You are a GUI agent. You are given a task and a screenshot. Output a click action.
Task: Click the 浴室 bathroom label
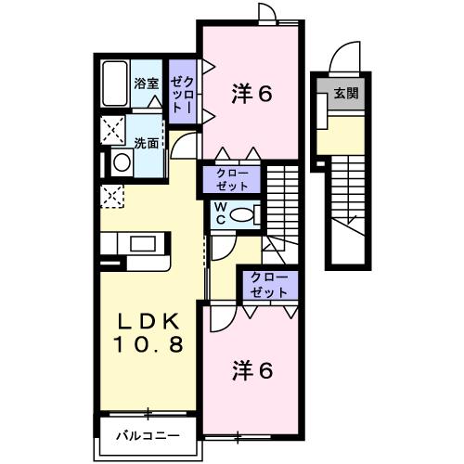point(145,84)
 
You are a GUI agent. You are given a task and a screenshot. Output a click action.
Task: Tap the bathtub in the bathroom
point(115,86)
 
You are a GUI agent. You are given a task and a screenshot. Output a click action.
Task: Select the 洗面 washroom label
point(145,143)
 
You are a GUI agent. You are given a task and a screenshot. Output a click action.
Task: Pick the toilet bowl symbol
point(245,213)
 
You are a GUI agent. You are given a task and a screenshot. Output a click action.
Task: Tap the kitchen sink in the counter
point(143,243)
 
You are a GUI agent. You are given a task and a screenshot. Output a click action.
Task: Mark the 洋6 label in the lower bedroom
point(251,371)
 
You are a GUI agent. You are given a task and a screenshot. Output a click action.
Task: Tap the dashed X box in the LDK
point(111,195)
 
